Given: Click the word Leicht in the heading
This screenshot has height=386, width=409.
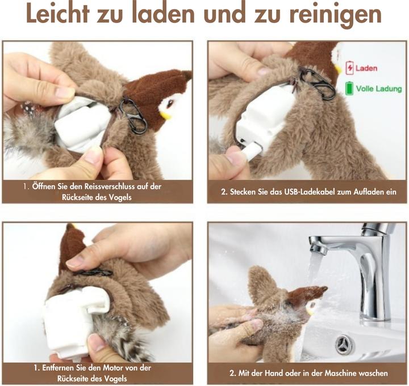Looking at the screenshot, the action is click(58, 14).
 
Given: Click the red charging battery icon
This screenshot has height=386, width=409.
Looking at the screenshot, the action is click(349, 68).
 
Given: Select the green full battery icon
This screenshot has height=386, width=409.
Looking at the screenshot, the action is click(349, 88).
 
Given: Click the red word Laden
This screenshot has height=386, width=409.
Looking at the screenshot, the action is click(366, 69).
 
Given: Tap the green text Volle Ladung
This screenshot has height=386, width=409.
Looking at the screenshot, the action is click(379, 89).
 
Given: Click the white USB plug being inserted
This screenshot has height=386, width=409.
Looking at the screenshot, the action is click(251, 151).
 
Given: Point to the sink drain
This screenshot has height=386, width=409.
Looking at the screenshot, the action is click(345, 345).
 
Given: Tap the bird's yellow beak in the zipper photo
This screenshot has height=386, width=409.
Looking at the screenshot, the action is click(166, 115).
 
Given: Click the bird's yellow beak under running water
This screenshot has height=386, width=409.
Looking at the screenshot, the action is click(310, 311).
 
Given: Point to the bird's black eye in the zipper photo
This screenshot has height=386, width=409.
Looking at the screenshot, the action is click(170, 103).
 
